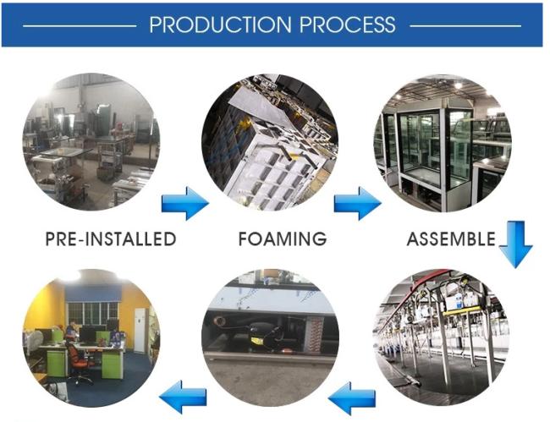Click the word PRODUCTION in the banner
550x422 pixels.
(x=220, y=25)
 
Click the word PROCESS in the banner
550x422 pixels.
(x=347, y=25)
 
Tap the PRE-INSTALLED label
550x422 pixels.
(x=111, y=238)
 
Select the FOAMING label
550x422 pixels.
(x=283, y=238)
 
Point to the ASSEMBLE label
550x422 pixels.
(x=451, y=238)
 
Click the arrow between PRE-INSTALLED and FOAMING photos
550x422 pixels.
(x=185, y=203)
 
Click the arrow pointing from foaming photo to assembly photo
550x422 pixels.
(x=358, y=203)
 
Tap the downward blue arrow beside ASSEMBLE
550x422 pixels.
(x=515, y=244)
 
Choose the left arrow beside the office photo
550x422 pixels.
(x=183, y=397)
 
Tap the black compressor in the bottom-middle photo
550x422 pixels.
(x=261, y=335)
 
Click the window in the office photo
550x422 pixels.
(x=92, y=313)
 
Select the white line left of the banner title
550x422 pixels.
(x=80, y=26)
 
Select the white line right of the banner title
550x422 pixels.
(x=465, y=26)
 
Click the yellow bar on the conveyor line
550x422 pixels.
(x=462, y=310)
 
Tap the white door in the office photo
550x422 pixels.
(x=140, y=330)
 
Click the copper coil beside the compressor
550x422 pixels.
(x=316, y=334)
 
